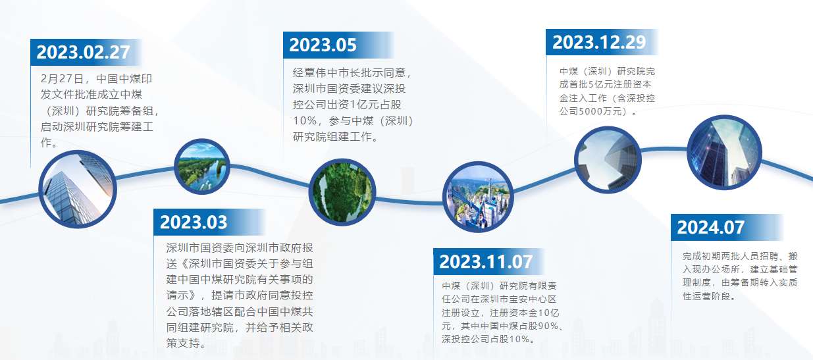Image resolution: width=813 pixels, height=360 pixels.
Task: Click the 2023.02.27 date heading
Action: [83, 52]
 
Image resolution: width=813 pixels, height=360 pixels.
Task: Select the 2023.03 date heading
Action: [194, 222]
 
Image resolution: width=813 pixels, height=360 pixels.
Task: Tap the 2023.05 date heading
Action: [323, 45]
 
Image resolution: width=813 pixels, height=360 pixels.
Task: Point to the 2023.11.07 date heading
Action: [486, 262]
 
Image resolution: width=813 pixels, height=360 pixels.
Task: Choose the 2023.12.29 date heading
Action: [599, 42]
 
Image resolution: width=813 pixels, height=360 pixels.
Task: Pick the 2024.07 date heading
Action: [711, 228]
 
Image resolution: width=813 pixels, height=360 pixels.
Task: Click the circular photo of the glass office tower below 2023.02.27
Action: [78, 189]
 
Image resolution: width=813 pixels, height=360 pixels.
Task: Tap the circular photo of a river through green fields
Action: [202, 167]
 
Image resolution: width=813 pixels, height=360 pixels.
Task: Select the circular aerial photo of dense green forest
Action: [342, 192]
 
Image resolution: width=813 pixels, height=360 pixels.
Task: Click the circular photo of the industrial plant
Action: [478, 197]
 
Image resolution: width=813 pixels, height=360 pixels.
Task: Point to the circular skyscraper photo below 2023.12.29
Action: [608, 160]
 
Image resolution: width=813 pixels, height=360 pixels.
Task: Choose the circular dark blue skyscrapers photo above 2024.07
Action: [724, 153]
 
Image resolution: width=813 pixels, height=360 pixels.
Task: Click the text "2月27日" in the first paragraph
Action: [62, 78]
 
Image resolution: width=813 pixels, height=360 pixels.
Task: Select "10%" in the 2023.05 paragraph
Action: [305, 120]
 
